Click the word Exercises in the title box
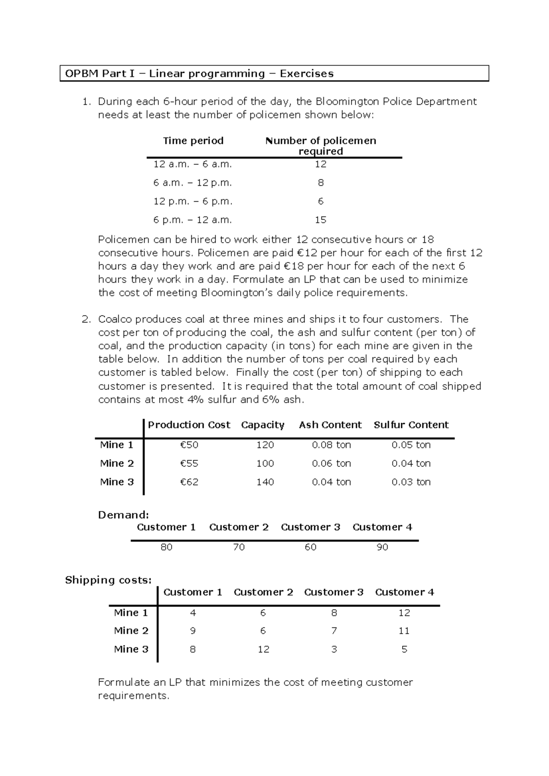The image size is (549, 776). click(307, 74)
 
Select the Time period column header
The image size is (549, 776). click(193, 141)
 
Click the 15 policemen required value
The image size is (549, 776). click(320, 220)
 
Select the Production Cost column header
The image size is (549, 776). click(189, 425)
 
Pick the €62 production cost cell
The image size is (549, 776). click(189, 482)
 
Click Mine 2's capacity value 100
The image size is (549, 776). click(265, 463)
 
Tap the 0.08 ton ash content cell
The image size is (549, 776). click(331, 445)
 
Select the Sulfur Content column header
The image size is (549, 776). click(411, 425)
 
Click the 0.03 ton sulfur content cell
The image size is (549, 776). click(411, 482)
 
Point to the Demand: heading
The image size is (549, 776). click(124, 515)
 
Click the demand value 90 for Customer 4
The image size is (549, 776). click(382, 548)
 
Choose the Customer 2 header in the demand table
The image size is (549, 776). click(238, 528)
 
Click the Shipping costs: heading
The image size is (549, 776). click(108, 581)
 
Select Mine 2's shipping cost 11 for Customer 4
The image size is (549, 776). click(404, 631)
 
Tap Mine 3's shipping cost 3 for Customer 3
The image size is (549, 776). click(334, 650)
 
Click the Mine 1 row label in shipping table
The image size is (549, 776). click(131, 613)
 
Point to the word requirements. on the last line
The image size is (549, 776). click(134, 696)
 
